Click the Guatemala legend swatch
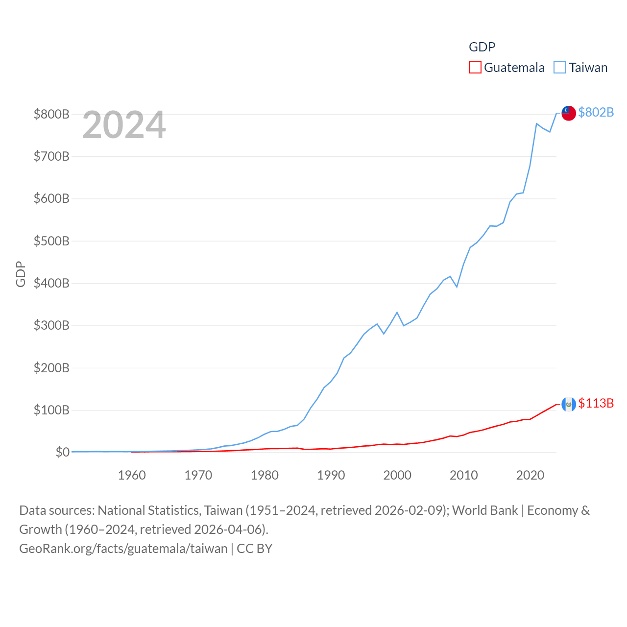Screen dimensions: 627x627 475,67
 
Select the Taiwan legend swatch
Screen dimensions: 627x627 560,67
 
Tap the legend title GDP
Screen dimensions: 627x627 482,47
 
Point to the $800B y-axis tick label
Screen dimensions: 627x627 51,114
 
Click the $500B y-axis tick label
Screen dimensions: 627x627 51,241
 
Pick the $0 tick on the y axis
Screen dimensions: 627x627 62,452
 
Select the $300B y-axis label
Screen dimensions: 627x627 51,325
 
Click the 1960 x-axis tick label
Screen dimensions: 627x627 132,475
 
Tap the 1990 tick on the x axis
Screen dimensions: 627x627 331,475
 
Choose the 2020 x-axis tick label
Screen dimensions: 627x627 531,475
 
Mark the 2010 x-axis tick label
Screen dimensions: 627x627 464,475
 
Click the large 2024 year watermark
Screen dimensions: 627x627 124,125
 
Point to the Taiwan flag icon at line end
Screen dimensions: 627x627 568,113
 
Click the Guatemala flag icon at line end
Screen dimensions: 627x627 568,404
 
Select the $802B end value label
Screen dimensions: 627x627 596,112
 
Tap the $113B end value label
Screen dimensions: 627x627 596,403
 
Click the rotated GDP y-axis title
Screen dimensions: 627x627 21,274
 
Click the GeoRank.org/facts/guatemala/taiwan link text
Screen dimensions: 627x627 123,548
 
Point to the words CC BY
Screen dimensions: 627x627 255,548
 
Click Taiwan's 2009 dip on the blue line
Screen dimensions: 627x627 457,287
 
